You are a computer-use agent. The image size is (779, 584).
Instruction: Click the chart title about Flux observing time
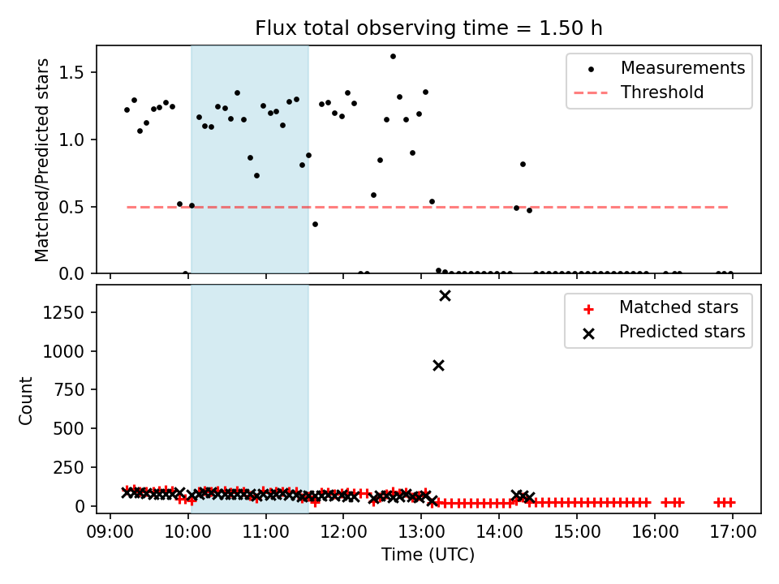[428, 28]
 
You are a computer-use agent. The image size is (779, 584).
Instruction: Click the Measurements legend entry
[682, 68]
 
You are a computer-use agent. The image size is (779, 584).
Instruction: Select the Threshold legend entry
[662, 92]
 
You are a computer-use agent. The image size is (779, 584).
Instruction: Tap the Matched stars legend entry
[678, 307]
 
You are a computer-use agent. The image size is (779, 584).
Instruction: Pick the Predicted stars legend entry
[682, 331]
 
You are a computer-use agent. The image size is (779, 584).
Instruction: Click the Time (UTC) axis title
[428, 555]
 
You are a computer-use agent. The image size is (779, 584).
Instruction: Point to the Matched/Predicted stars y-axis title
[42, 160]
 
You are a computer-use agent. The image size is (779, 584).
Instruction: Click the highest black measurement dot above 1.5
[393, 57]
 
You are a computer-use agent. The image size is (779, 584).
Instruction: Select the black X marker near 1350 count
[445, 295]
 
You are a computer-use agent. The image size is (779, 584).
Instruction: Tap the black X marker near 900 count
[438, 365]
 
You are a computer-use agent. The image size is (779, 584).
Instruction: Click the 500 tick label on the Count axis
[73, 428]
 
